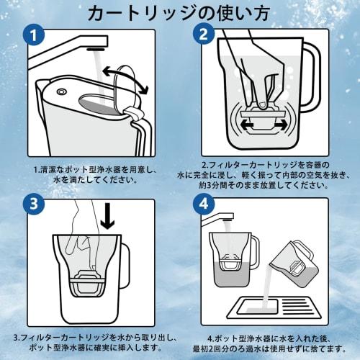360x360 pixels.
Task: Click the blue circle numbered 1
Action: (x=34, y=35)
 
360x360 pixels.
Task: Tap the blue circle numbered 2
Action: (x=203, y=35)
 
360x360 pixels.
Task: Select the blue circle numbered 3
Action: (x=34, y=204)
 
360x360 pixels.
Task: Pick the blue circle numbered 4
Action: (x=204, y=204)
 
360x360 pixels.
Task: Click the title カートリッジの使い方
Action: (x=179, y=14)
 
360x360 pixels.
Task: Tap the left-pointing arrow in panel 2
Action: (x=247, y=125)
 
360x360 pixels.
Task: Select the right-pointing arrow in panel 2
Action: (x=280, y=125)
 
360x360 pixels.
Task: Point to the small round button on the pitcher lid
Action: (x=61, y=91)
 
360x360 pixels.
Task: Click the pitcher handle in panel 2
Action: (x=312, y=74)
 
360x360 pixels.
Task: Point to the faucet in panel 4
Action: (x=218, y=217)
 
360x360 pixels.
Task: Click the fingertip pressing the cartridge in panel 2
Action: (x=261, y=104)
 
